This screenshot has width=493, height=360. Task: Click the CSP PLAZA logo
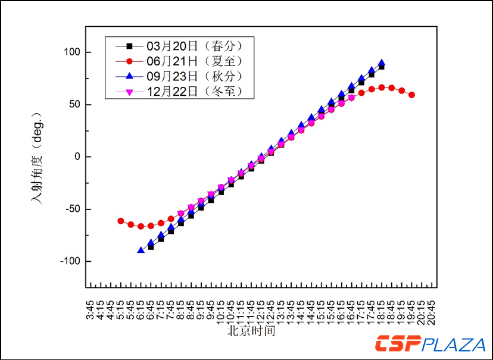point(429,344)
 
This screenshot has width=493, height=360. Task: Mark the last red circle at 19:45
point(412,95)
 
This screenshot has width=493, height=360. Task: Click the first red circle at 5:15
point(121,221)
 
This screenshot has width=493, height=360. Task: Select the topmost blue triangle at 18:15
point(382,62)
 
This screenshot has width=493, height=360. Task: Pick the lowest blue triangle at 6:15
point(141,250)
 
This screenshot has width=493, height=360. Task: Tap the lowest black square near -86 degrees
point(151,247)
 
